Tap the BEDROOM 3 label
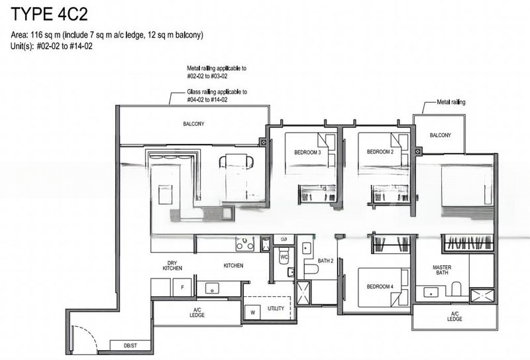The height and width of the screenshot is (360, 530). pos(307,152)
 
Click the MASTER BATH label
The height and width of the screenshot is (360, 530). pos(442,271)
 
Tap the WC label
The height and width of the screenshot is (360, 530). pos(283,256)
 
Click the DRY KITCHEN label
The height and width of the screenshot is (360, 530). pos(172,265)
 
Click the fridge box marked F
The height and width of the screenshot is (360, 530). pos(182,288)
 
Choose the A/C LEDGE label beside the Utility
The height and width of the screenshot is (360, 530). pos(197,312)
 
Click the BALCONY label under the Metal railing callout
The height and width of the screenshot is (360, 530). pos(440,135)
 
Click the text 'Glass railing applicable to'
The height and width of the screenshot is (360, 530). pos(217,92)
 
